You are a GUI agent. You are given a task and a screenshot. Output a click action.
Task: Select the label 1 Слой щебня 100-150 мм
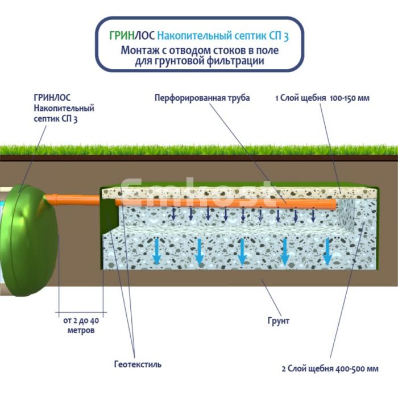(x=322, y=98)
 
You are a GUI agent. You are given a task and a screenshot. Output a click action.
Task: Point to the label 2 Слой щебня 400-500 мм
(x=330, y=368)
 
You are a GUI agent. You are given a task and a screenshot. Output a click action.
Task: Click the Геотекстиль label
(x=136, y=364)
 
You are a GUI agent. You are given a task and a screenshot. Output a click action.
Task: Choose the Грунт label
(x=278, y=321)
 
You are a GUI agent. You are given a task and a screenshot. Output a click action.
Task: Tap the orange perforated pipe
(x=227, y=201)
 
